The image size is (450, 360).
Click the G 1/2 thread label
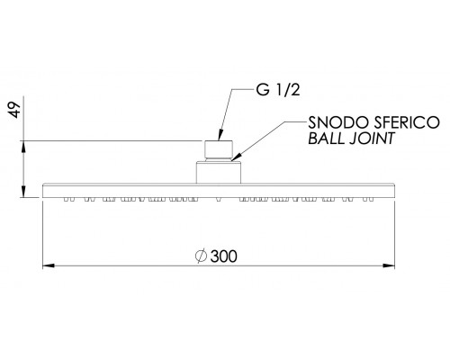[278, 89]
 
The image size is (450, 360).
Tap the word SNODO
[338, 122]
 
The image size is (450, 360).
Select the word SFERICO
[407, 122]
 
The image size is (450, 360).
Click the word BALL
[326, 139]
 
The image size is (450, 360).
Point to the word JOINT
[372, 139]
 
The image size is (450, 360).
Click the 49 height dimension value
[14, 110]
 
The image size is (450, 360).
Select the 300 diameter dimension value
[224, 256]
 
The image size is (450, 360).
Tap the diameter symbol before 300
[201, 256]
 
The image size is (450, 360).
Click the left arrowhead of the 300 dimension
[49, 265]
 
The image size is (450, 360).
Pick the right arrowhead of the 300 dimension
[389, 265]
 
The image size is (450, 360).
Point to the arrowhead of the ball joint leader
[237, 157]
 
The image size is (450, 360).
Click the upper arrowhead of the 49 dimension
[24, 147]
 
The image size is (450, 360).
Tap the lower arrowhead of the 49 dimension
[24, 192]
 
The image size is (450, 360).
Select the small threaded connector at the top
[219, 149]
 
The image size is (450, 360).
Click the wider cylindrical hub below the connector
[219, 173]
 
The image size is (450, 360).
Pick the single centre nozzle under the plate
[219, 199]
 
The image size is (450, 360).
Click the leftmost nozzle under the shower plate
[66, 199]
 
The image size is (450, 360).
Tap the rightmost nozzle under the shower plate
[372, 199]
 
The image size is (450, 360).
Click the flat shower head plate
[219, 191]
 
